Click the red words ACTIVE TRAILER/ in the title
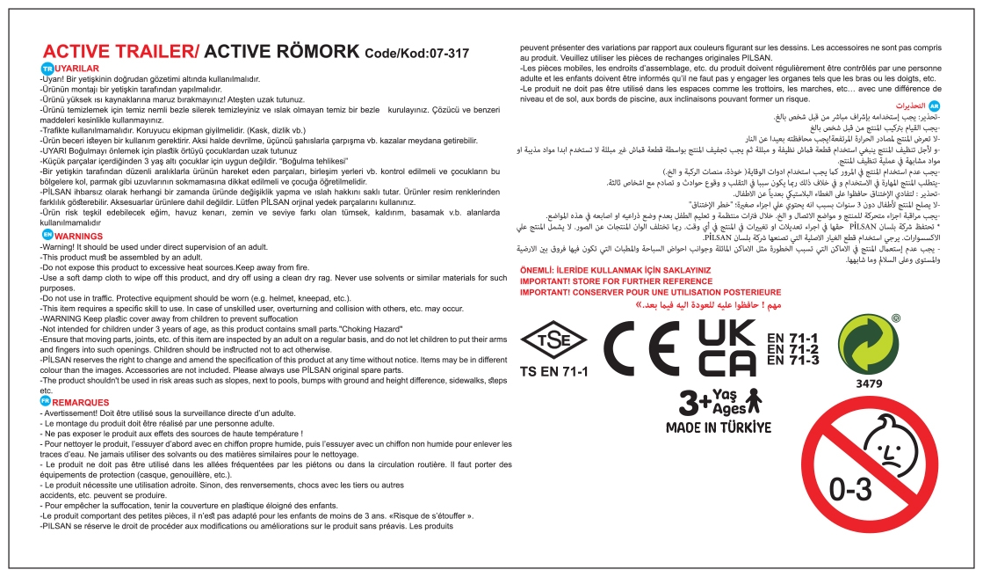coord(122,51)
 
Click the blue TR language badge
coord(47,68)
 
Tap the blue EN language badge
coord(47,236)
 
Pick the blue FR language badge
coord(47,401)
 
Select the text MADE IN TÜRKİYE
coord(716,428)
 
